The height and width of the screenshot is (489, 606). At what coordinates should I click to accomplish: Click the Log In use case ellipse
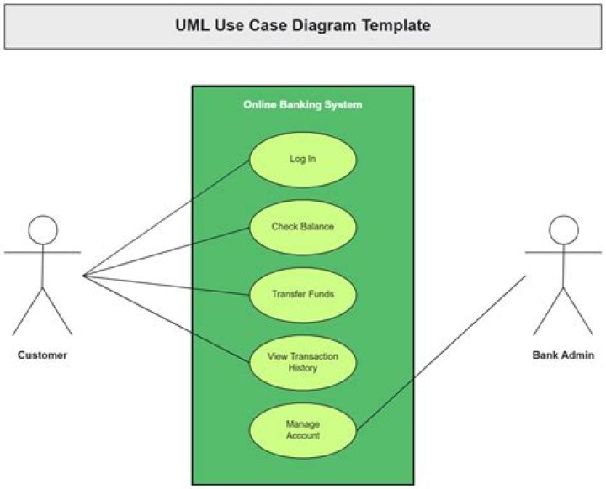pyautogui.click(x=303, y=160)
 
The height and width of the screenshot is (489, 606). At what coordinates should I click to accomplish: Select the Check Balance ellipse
pyautogui.click(x=303, y=228)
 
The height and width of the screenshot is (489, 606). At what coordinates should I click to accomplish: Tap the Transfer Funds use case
pyautogui.click(x=303, y=295)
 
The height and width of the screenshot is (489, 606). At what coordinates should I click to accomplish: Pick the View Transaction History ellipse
pyautogui.click(x=303, y=363)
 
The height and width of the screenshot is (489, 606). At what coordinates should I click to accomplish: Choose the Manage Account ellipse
pyautogui.click(x=303, y=431)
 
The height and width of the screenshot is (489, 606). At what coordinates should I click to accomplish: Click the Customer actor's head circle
pyautogui.click(x=43, y=230)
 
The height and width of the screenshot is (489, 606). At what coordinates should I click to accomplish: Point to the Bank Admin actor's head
pyautogui.click(x=563, y=230)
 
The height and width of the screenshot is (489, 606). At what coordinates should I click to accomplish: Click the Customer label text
pyautogui.click(x=43, y=355)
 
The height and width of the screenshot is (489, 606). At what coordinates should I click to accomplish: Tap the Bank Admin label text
pyautogui.click(x=563, y=355)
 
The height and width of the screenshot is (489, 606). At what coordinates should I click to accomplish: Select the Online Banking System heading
pyautogui.click(x=303, y=104)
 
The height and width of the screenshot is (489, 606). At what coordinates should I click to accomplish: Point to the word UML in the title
pyautogui.click(x=193, y=25)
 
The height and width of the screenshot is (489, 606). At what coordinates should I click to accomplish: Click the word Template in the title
pyautogui.click(x=396, y=25)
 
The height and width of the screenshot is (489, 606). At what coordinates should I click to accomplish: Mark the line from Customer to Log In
pyautogui.click(x=166, y=218)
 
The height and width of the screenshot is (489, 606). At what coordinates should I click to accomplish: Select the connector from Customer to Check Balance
pyautogui.click(x=166, y=251)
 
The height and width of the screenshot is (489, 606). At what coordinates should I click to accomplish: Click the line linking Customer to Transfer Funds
pyautogui.click(x=166, y=285)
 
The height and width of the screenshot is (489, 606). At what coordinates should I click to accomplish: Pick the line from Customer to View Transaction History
pyautogui.click(x=166, y=319)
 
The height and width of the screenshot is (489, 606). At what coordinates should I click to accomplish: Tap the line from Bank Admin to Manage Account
pyautogui.click(x=441, y=353)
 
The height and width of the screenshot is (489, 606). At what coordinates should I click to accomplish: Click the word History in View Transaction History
pyautogui.click(x=303, y=368)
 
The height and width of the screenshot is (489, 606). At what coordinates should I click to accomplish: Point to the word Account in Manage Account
pyautogui.click(x=303, y=436)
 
